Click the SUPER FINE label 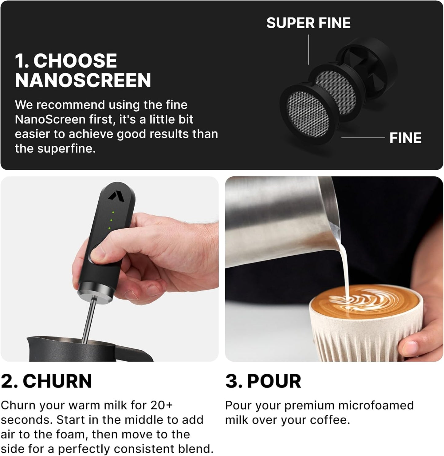click(x=308, y=23)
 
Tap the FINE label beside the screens click(x=405, y=138)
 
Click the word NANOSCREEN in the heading click(x=83, y=81)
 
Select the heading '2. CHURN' click(x=46, y=381)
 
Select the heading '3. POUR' click(x=263, y=381)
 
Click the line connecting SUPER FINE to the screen click(x=308, y=49)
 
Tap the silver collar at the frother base click(x=95, y=292)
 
